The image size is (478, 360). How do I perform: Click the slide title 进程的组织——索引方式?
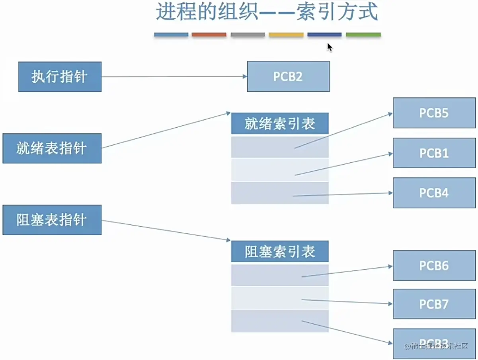coord(266,12)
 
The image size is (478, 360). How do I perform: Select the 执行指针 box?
coord(60,77)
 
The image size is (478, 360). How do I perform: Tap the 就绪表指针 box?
coord(52,148)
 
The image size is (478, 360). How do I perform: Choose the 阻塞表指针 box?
coord(52,220)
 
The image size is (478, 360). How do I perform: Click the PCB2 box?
coord(288,76)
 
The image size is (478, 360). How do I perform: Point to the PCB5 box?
coord(434,113)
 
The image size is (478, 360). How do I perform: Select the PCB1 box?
coord(434,153)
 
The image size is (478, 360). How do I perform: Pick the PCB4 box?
coord(434,193)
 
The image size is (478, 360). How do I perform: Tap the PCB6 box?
coord(434,266)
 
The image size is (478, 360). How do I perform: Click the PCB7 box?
coord(434,304)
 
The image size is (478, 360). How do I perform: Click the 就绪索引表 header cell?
coord(280,124)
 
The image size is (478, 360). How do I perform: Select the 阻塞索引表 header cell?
coord(280,251)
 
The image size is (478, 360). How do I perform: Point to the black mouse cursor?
coord(330,47)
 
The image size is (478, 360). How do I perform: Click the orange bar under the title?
coord(209,35)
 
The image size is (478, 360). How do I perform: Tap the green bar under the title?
coord(363,35)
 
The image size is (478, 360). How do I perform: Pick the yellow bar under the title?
coord(286,35)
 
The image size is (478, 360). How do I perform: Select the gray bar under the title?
coord(248,35)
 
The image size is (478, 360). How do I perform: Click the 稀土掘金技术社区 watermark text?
coord(436,346)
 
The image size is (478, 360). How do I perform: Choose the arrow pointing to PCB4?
coord(342,194)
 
